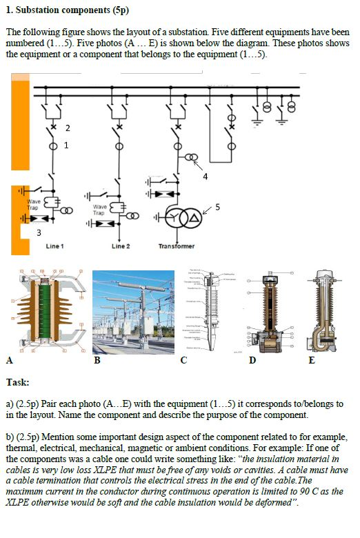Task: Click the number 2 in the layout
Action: point(68,128)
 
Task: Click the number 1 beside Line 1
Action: point(66,146)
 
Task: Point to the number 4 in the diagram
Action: point(206,176)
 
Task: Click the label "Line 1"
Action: point(54,246)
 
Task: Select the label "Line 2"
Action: point(121,246)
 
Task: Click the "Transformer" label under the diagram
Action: point(177,246)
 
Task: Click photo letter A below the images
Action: point(8,360)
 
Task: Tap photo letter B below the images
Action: point(97,360)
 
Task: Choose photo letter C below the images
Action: point(183,360)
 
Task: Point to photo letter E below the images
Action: point(312,360)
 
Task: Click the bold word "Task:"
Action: point(17,381)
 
